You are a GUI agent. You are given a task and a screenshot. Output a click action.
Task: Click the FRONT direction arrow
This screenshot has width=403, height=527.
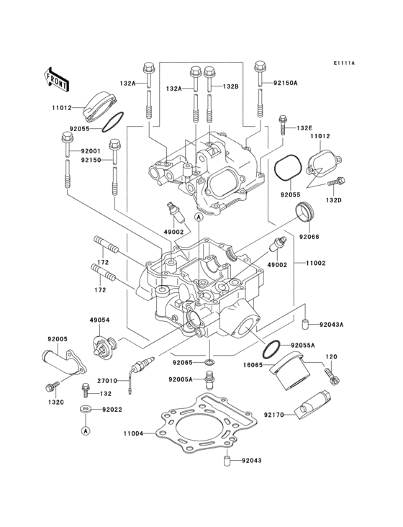coord(57,78)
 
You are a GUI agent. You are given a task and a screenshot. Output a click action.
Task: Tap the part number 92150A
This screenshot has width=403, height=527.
coord(285,84)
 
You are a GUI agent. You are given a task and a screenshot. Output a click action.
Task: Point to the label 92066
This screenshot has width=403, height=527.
coord(309,235)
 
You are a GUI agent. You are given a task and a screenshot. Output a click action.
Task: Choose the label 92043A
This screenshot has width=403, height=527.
coord(331,324)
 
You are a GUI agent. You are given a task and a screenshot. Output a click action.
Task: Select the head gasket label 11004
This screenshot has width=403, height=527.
coord(133,434)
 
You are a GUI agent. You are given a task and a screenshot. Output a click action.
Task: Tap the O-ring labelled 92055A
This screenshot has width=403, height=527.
coord(271,350)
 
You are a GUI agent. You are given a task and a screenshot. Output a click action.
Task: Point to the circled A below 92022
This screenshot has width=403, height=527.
coord(85,431)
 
